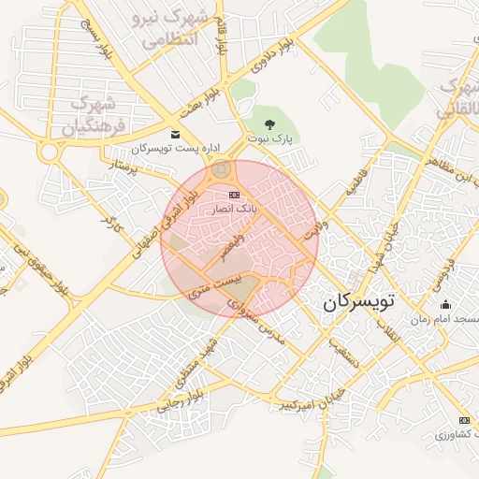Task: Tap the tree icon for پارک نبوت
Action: coord(270,123)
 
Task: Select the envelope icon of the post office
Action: coord(175,135)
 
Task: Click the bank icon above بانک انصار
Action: coord(233,195)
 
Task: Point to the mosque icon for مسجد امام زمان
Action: coord(444,305)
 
